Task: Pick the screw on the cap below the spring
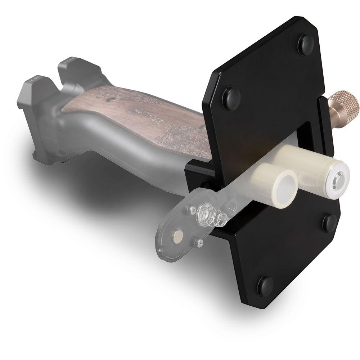(197, 243)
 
